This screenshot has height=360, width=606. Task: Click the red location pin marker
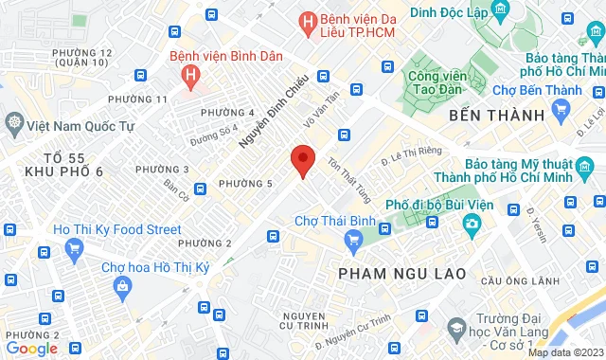[x=302, y=161]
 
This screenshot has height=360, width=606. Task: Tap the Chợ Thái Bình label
[x=329, y=221]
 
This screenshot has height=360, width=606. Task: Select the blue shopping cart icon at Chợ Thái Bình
[x=354, y=239]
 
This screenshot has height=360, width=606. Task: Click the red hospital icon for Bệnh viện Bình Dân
[x=192, y=74]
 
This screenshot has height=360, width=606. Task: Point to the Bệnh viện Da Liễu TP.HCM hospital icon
[x=307, y=20]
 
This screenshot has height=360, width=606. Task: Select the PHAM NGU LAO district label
[x=401, y=273]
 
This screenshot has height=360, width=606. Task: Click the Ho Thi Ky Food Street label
[x=117, y=229]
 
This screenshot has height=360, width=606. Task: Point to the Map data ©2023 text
[x=565, y=352]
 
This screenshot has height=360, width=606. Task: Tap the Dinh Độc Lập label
[x=449, y=12]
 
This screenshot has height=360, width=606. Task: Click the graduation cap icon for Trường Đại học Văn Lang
[x=456, y=329]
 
